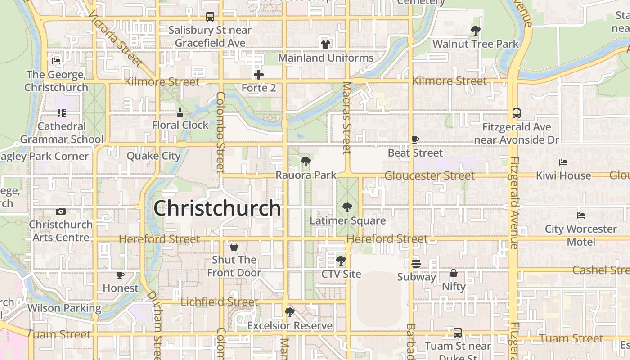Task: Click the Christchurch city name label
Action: [217, 208]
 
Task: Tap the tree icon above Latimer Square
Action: [347, 207]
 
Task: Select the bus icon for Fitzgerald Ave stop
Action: [517, 113]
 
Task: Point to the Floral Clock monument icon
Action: [180, 112]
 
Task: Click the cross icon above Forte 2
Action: [258, 75]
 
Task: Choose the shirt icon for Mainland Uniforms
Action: [325, 45]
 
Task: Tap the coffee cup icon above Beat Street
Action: [415, 140]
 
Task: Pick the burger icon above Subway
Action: [416, 264]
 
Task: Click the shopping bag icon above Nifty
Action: [454, 273]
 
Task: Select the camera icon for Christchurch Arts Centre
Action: [61, 211]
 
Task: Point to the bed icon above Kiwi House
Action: [563, 162]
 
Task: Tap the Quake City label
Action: [153, 156]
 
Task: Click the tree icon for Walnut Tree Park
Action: [475, 31]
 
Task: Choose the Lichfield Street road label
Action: [220, 301]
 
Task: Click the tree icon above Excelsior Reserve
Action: [290, 312]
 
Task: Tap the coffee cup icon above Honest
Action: [121, 274]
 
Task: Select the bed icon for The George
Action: [56, 61]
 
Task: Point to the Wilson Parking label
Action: [64, 308]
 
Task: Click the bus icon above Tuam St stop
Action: [458, 333]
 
